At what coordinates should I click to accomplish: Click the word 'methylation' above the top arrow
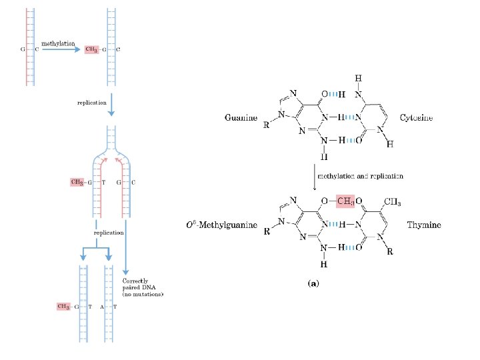[59, 43]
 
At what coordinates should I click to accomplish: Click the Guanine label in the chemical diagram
[241, 118]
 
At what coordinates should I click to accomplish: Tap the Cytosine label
[416, 118]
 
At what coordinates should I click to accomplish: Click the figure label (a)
[313, 283]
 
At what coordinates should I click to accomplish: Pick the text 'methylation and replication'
[359, 176]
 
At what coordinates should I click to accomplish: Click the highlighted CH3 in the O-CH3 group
[345, 201]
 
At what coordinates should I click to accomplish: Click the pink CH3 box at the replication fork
[78, 181]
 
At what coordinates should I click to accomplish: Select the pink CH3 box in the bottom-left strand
[64, 307]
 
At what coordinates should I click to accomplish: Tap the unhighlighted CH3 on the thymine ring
[392, 201]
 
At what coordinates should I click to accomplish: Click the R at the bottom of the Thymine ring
[390, 252]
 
